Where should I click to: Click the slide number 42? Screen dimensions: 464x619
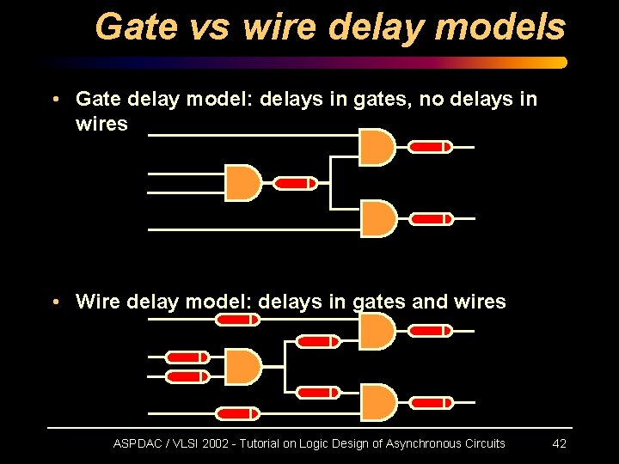click(559, 443)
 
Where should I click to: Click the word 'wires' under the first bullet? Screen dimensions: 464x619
click(101, 124)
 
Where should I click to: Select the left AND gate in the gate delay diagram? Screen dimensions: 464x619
click(242, 183)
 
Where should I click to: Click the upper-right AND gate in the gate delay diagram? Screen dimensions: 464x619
click(377, 147)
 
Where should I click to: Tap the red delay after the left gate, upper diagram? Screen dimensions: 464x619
click(295, 183)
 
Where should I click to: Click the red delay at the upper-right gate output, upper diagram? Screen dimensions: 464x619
click(430, 147)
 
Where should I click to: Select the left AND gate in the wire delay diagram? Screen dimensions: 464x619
click(242, 367)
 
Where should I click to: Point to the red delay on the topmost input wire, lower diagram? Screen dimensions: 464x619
click(237, 320)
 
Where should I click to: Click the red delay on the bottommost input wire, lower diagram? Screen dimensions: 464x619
click(237, 414)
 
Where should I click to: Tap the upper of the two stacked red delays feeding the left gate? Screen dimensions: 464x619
click(187, 357)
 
